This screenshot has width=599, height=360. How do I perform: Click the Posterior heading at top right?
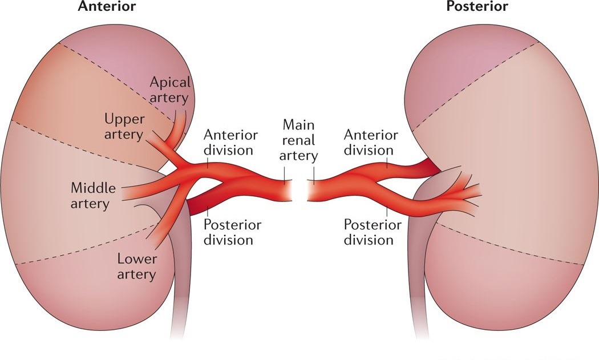[477, 7]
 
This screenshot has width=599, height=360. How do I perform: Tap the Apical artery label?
[171, 90]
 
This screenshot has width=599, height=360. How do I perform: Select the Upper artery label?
[125, 127]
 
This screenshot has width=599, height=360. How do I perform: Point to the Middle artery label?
[93, 195]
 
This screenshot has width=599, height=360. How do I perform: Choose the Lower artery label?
[136, 266]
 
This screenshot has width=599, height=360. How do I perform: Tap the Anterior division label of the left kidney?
[231, 143]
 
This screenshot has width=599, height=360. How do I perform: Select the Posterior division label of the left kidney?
[232, 232]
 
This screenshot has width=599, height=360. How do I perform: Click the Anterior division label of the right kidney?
[371, 143]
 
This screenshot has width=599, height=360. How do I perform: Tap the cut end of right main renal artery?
[310, 191]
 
